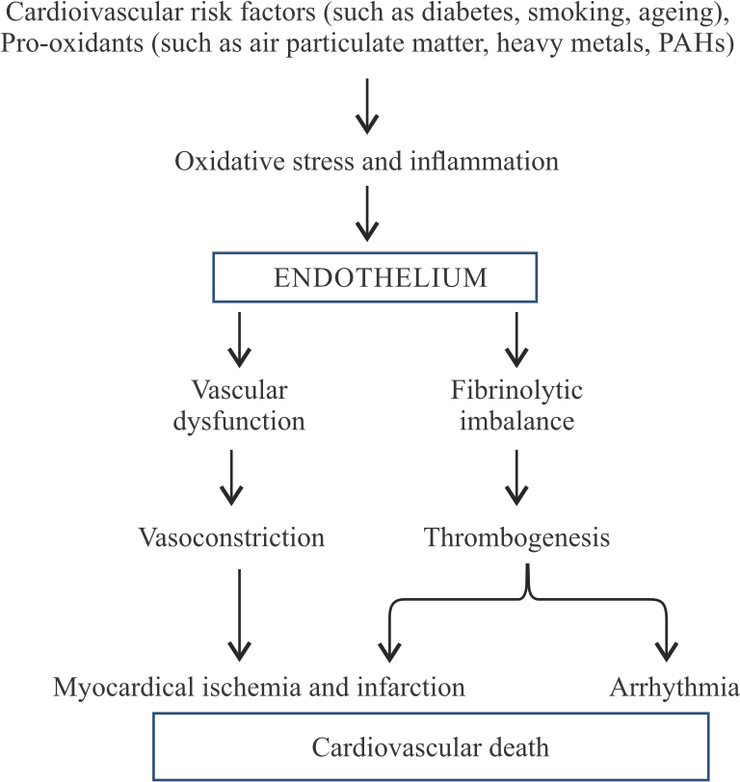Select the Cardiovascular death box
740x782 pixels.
(432, 746)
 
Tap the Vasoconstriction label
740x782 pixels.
(231, 537)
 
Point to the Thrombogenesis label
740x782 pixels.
(517, 537)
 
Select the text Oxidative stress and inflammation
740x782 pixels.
(366, 161)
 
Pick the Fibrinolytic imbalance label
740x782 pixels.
(517, 405)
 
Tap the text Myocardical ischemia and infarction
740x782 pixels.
(260, 688)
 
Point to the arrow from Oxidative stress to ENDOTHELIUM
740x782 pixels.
(366, 214)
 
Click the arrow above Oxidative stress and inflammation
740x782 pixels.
(366, 107)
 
